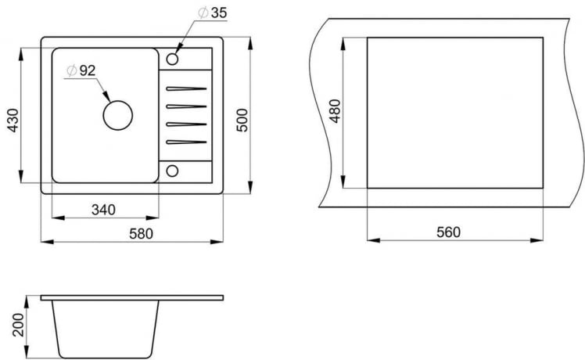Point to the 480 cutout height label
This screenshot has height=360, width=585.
pos(336,113)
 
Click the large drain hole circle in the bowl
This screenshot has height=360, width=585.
pos(118,116)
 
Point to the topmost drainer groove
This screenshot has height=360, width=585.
pos(186,88)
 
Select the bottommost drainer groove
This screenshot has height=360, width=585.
pos(186,142)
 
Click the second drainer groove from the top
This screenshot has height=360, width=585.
pos(186,106)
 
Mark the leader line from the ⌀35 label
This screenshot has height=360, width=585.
pos(185,38)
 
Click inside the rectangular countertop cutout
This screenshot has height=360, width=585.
pos(455,112)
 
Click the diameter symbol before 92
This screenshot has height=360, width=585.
pos(70,70)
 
